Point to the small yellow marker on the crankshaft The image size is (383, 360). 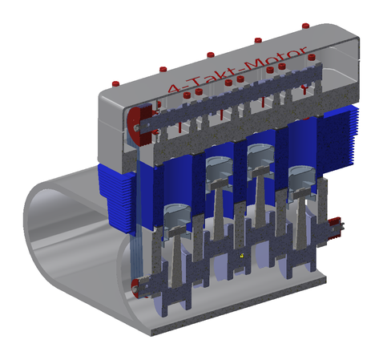click(x=241, y=256)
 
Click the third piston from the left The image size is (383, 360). click(x=259, y=156)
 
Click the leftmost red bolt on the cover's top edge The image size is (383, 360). click(x=115, y=83)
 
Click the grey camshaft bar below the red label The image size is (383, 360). click(x=232, y=100)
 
